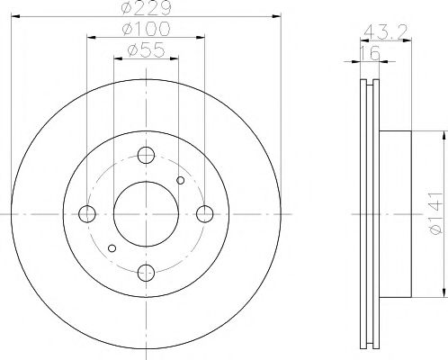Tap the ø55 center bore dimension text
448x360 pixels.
click(x=147, y=51)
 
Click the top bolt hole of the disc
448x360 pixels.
click(x=147, y=154)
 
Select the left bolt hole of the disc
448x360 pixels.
click(x=87, y=213)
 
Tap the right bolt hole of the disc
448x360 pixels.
click(x=206, y=213)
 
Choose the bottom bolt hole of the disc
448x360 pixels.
click(x=147, y=273)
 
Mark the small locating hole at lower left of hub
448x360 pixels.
click(x=112, y=247)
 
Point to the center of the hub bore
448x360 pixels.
click(x=147, y=213)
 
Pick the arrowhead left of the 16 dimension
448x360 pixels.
click(x=355, y=62)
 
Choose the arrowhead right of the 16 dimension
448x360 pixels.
click(x=384, y=62)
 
